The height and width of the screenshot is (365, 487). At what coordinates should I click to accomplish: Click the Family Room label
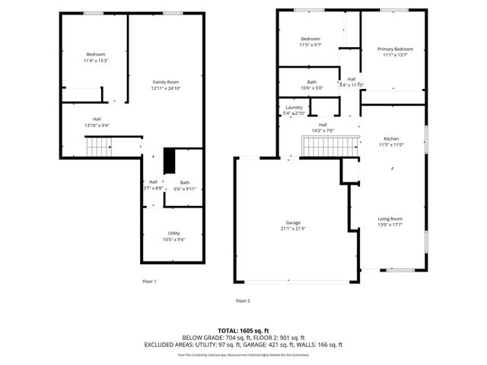coord(165,81)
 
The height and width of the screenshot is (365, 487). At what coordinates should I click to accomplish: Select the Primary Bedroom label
coord(395,49)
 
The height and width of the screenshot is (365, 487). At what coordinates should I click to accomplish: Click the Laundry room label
coord(294,107)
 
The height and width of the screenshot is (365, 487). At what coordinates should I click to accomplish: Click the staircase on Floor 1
coord(98,146)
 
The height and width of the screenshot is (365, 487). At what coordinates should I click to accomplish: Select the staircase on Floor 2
coord(329,144)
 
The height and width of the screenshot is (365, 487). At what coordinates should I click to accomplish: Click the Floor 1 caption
coord(149,281)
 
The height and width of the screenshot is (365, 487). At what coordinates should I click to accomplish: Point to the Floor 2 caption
coord(243,300)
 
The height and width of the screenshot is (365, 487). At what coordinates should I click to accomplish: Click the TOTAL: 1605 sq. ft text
coord(243,331)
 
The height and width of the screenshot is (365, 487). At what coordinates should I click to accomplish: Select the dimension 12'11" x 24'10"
coord(165,87)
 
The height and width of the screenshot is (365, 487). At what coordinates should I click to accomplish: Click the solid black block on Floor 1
coord(170,161)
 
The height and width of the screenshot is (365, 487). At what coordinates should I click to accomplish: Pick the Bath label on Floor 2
coord(312,82)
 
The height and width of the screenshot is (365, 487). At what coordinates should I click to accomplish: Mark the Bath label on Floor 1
coord(185,182)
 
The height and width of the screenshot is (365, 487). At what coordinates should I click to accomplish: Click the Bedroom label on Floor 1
coord(95,54)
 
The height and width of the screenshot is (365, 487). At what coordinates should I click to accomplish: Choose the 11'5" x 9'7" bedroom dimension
coord(310,45)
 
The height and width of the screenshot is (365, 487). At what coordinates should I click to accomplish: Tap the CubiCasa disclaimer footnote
coord(243,354)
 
